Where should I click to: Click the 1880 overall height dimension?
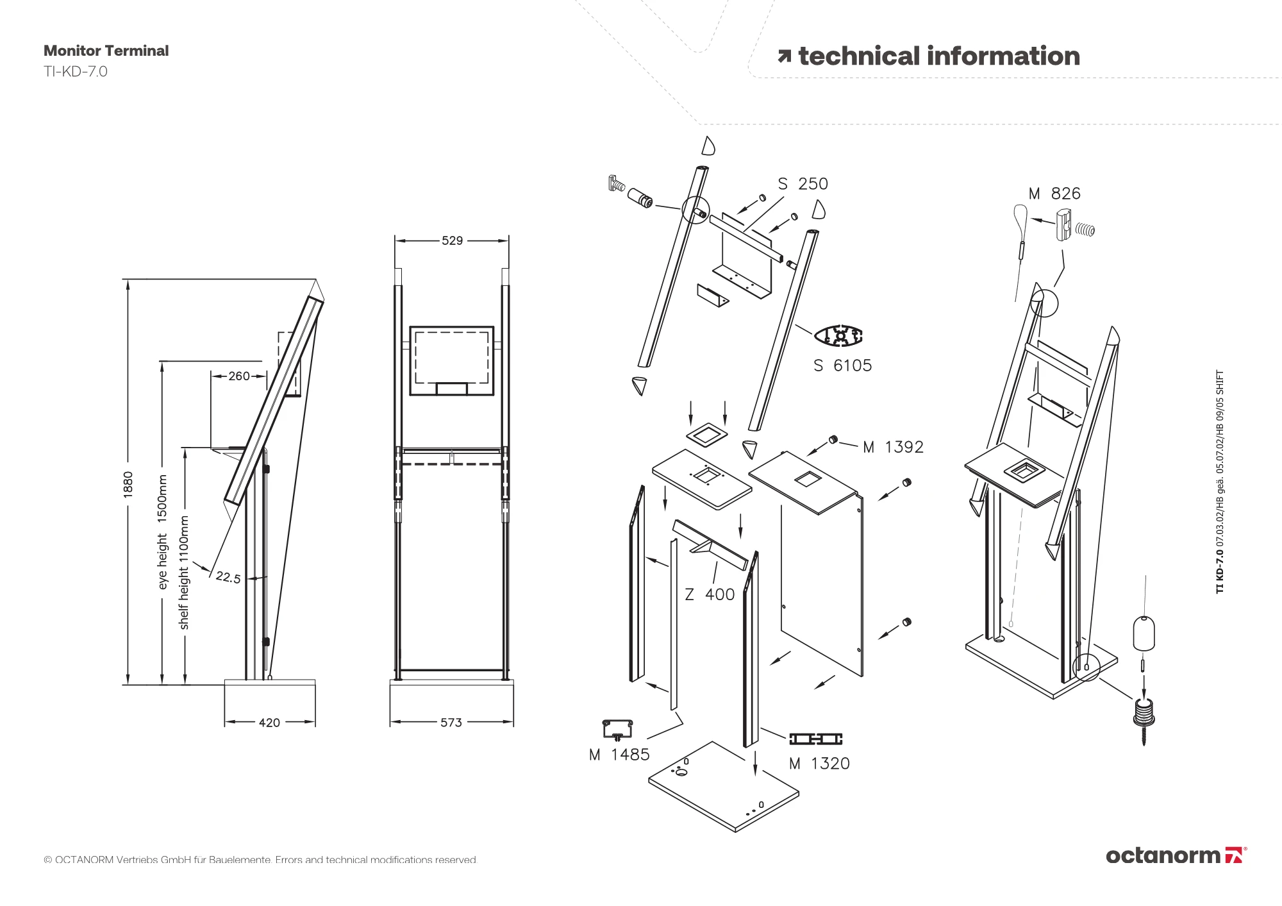tap(128, 483)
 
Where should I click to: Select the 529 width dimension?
tap(452, 240)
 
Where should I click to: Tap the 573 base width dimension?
tap(451, 723)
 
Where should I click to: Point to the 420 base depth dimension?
tap(269, 723)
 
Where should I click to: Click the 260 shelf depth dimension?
tap(239, 376)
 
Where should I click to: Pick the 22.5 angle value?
tap(228, 577)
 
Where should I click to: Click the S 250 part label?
tap(803, 184)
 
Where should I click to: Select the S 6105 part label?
tap(842, 365)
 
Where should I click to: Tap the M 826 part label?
tap(1054, 194)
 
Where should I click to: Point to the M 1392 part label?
tap(893, 447)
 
